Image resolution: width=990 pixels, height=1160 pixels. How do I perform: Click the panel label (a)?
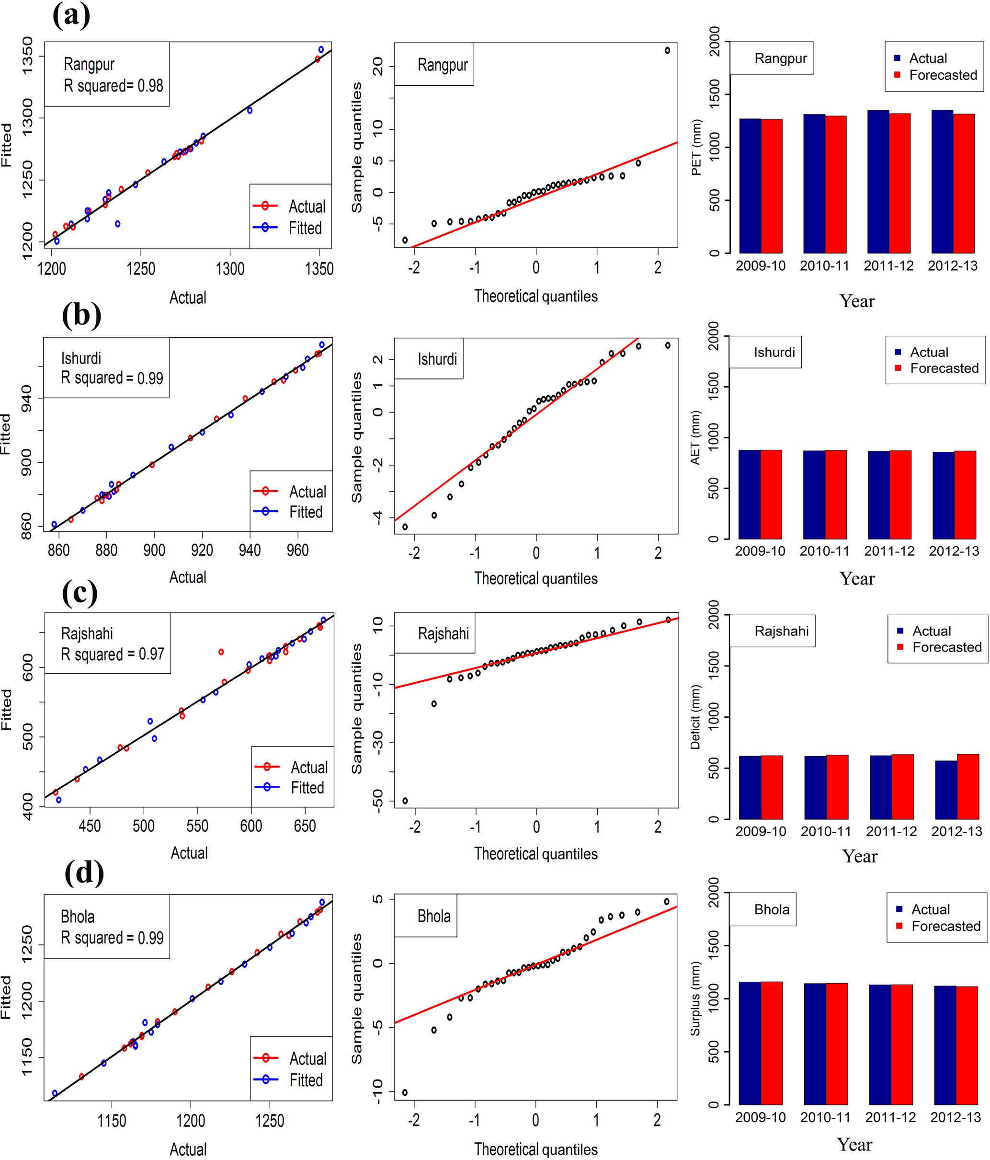[71, 15]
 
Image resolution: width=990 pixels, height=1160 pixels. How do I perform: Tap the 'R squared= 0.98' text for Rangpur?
[113, 86]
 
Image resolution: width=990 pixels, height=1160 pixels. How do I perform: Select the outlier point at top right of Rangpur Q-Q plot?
[667, 50]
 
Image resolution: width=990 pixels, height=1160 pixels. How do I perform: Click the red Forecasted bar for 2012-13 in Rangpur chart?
[964, 183]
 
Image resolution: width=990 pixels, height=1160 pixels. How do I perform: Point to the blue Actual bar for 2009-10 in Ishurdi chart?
[750, 494]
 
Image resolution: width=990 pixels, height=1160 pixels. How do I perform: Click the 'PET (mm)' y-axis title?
[697, 147]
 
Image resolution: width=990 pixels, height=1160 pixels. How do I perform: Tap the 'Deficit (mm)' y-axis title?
[695, 717]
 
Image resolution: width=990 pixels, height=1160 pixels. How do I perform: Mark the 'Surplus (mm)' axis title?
[695, 999]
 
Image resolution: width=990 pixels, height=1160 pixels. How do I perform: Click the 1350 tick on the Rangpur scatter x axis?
[319, 269]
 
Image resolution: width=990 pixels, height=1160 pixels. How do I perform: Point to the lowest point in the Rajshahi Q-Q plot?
[405, 801]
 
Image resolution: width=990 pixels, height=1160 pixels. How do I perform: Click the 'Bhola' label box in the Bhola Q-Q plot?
[434, 917]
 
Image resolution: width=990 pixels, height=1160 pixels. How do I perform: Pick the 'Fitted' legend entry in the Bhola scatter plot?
[306, 1080]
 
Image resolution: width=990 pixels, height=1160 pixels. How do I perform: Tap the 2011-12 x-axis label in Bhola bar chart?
[890, 1117]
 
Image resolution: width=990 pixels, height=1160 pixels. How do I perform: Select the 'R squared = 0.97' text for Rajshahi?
[113, 654]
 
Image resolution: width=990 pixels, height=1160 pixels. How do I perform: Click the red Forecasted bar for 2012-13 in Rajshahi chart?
[968, 787]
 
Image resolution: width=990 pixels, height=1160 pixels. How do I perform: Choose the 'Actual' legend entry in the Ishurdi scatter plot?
[307, 492]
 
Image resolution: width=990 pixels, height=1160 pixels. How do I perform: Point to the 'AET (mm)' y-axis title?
[695, 438]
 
